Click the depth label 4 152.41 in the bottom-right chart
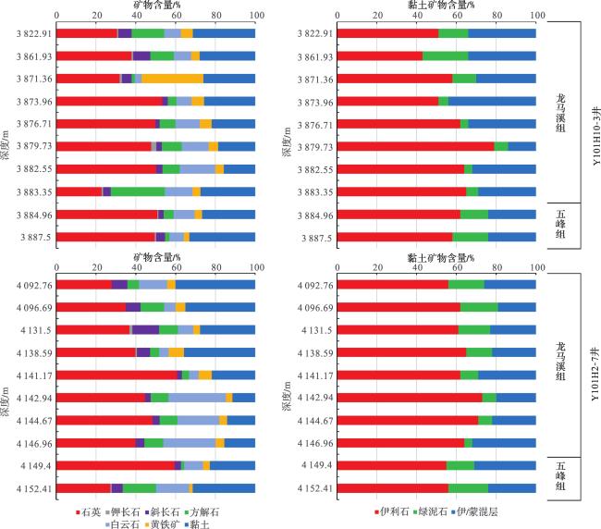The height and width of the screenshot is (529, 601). pos(313,487)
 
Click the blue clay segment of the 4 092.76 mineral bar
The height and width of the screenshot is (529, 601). pos(215,284)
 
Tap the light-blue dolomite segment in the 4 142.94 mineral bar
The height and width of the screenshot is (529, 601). pos(196,397)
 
